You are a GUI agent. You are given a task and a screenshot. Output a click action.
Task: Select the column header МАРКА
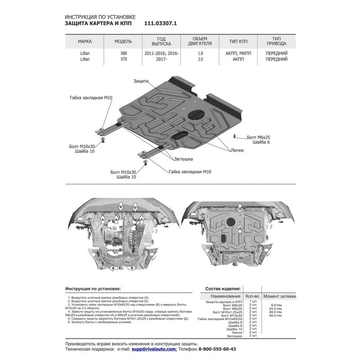[x=85, y=42]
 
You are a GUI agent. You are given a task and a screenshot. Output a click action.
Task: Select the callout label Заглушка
[x=183, y=160]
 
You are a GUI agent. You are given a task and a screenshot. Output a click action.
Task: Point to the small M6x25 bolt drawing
[x=235, y=136]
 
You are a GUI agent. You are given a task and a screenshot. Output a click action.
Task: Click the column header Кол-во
[x=251, y=297]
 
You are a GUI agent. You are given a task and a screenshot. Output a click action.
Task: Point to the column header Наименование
[x=225, y=297]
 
